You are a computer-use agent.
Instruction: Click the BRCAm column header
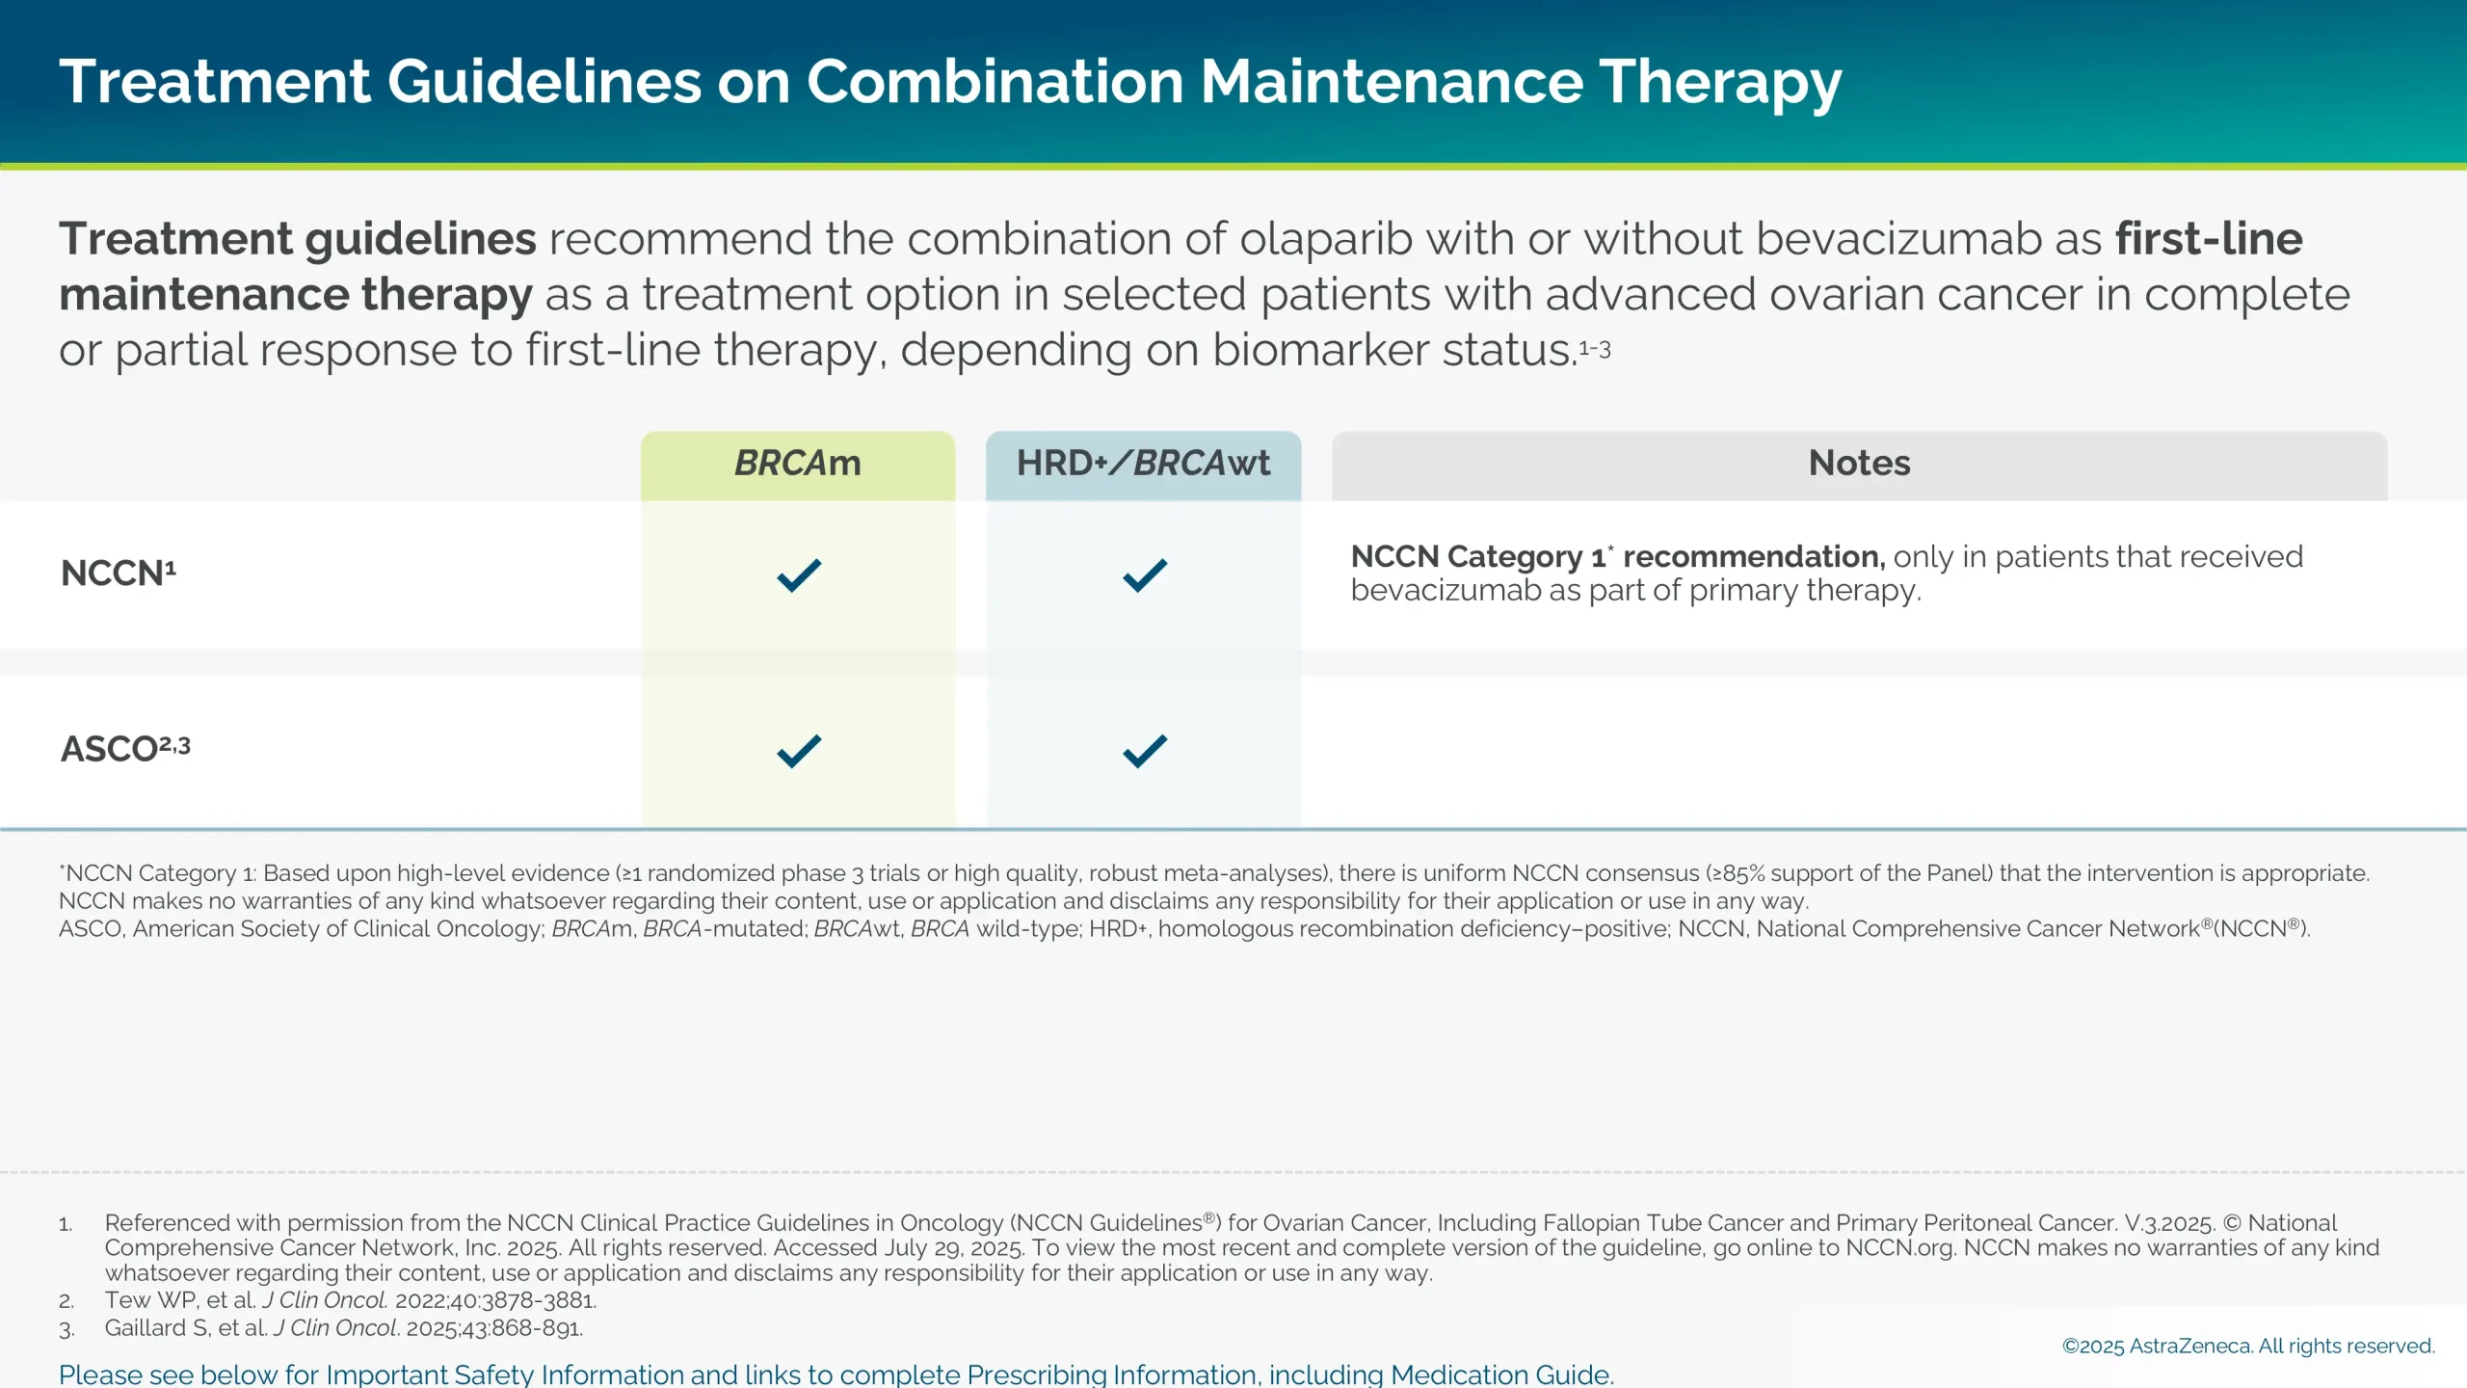coord(798,464)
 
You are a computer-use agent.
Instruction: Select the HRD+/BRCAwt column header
coord(1143,464)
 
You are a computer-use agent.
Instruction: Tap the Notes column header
coord(1859,464)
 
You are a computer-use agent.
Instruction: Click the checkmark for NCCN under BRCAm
coord(799,575)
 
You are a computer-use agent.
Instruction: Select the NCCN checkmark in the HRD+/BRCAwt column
coord(1145,575)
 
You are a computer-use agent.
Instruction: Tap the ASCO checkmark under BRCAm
coord(799,751)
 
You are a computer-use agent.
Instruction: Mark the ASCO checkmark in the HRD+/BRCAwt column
coord(1145,751)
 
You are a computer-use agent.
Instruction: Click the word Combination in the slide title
coord(995,81)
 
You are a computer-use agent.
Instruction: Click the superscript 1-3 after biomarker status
coord(1595,349)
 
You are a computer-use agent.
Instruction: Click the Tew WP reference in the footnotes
coord(350,1300)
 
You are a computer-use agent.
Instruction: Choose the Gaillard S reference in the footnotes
coord(343,1328)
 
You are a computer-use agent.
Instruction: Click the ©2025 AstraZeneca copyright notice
coord(2247,1347)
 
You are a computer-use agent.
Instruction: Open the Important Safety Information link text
coord(836,1375)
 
